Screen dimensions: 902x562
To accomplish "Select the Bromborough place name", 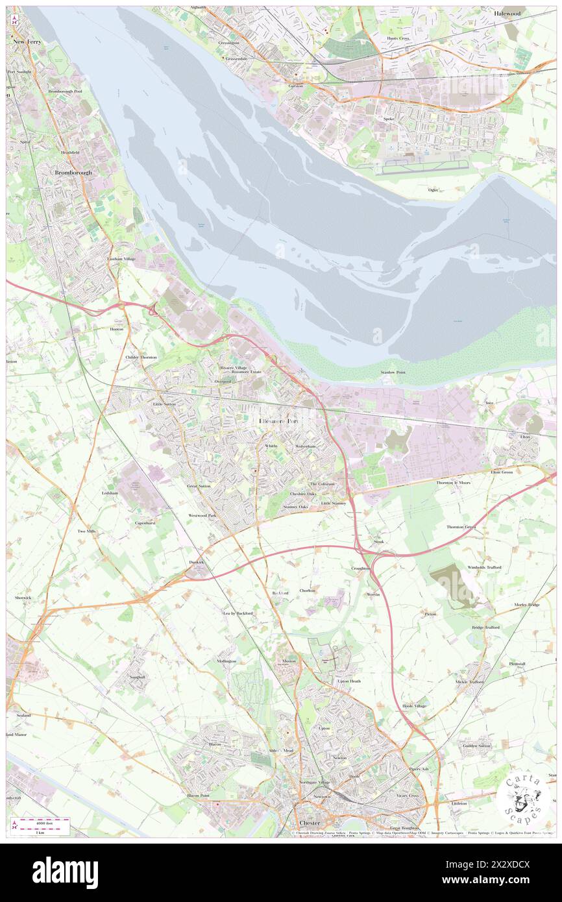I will [x=73, y=173].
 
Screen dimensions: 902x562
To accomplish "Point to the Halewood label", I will [x=525, y=13].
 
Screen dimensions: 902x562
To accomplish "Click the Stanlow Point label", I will [x=393, y=372].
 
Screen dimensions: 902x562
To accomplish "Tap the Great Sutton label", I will [x=199, y=485].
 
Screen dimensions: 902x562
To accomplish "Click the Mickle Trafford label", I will [x=470, y=682].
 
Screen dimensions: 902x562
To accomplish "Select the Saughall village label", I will [x=137, y=677].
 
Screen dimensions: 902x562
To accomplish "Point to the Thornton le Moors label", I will [x=453, y=483].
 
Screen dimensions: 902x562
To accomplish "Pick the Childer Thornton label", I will [x=141, y=357].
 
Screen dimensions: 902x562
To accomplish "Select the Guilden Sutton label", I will [x=476, y=746].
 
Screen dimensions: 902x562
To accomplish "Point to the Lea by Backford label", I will [x=238, y=613].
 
